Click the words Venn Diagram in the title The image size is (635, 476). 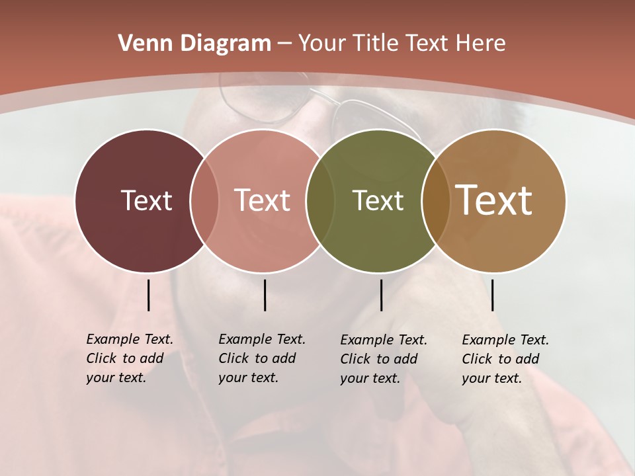[194, 44]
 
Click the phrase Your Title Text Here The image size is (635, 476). [402, 44]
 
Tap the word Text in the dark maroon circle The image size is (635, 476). [146, 200]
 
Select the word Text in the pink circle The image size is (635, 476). [263, 200]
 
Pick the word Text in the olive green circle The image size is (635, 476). [378, 200]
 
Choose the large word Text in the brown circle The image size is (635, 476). [494, 200]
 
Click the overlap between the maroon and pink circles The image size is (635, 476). [204, 201]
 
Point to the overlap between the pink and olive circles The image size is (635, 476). [320, 201]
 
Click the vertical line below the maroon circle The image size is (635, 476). [148, 295]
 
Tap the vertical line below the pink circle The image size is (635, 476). [265, 295]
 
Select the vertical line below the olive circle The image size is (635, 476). [381, 295]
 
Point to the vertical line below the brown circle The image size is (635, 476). [492, 295]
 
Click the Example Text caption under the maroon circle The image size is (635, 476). [130, 358]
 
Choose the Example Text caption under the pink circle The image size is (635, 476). [262, 358]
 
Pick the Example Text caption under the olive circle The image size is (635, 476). [384, 359]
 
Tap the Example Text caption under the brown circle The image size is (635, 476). [505, 359]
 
